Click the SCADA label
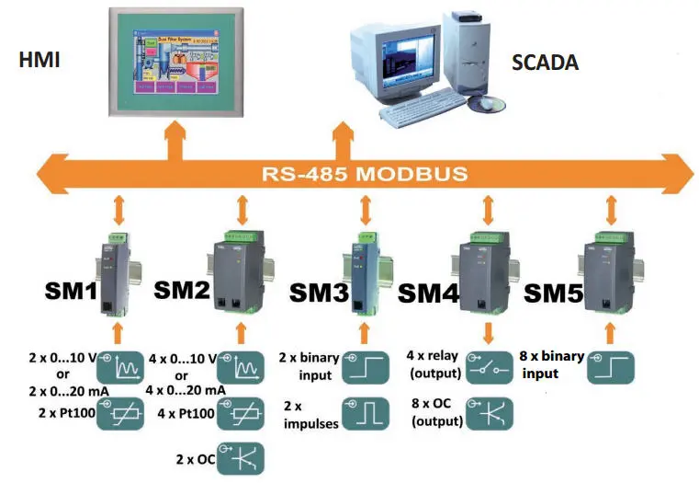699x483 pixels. [x=545, y=63]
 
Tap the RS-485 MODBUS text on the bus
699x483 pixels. [x=364, y=172]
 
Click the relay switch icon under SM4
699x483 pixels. [x=490, y=368]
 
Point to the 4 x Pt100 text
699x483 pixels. [x=186, y=415]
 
